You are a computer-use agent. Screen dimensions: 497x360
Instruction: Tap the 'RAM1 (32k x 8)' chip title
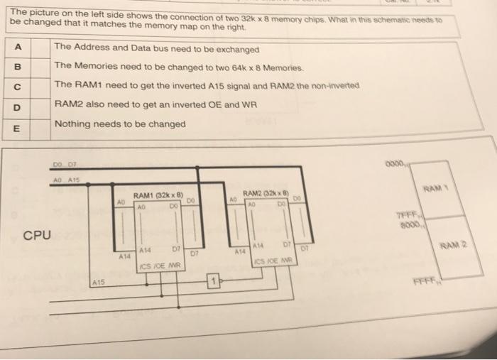[158, 195]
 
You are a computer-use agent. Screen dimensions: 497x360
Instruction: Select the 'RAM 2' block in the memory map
[455, 246]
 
